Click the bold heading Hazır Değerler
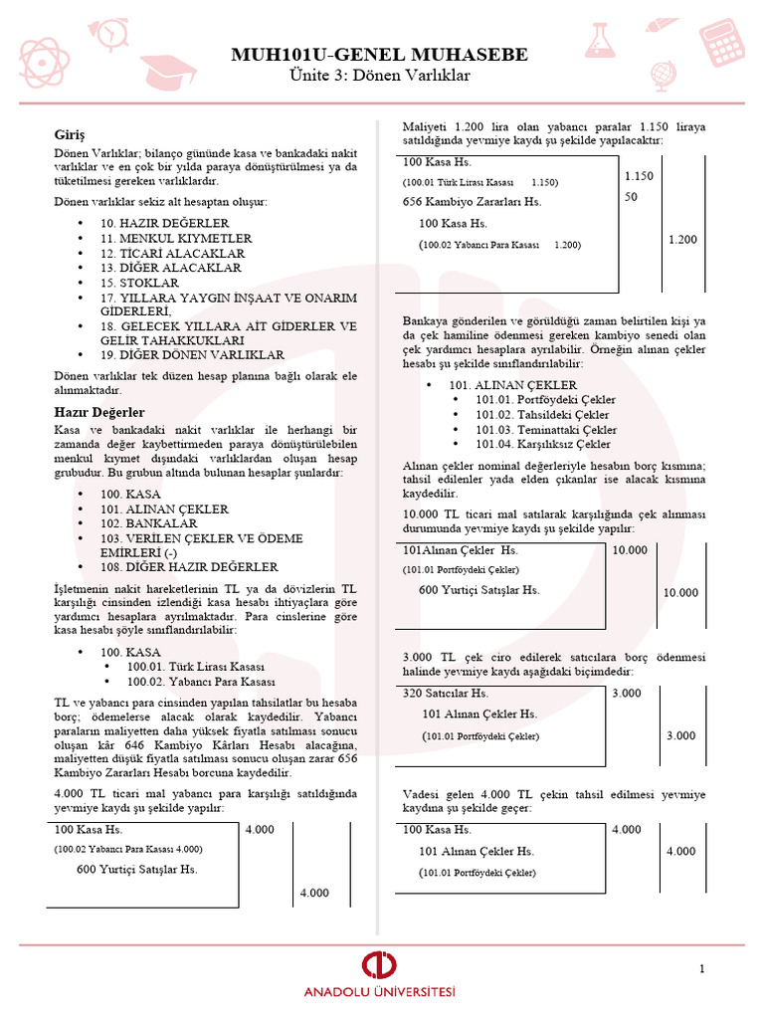[x=99, y=412]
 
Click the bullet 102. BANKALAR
[x=148, y=523]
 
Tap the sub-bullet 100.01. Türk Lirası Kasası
[x=194, y=666]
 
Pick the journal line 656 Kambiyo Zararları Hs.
[x=472, y=202]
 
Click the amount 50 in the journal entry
[x=632, y=197]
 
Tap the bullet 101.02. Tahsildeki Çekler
[x=544, y=415]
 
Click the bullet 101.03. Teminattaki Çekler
[x=546, y=430]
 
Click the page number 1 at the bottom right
[x=701, y=969]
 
